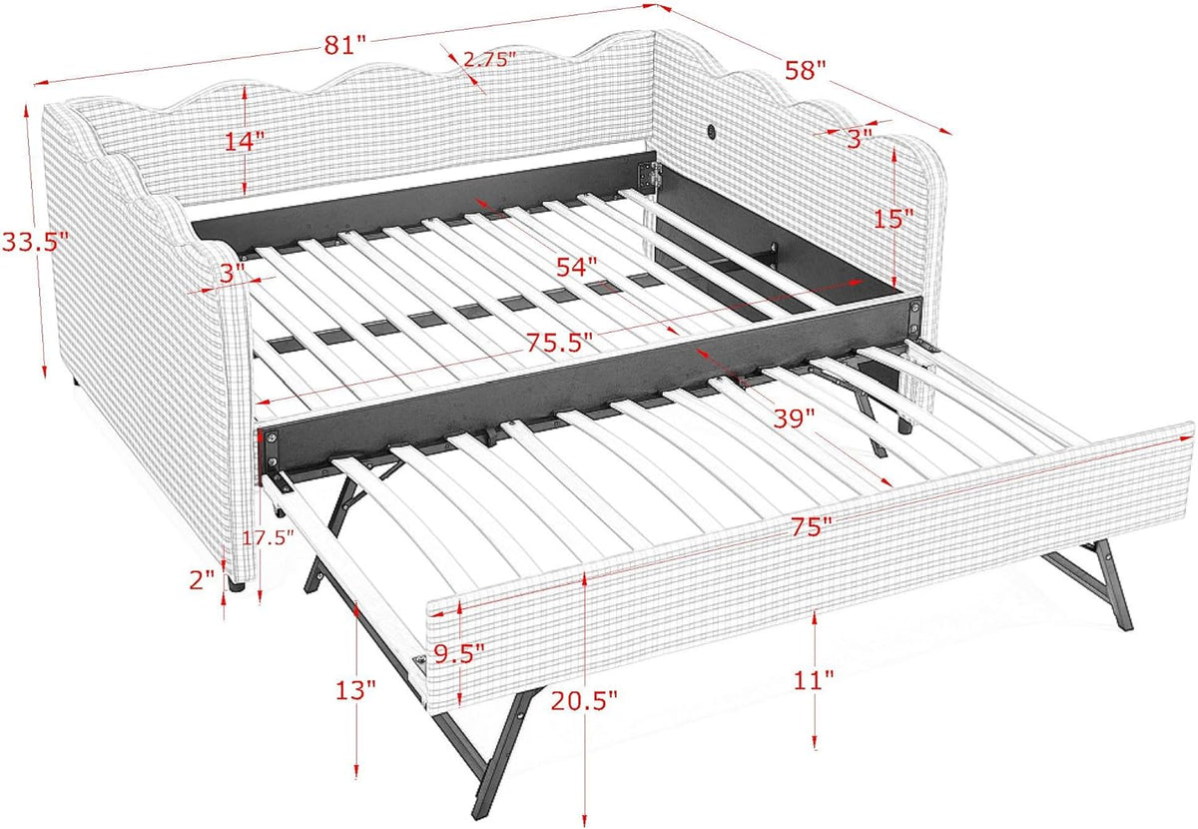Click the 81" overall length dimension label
tap(345, 45)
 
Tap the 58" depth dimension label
tap(806, 71)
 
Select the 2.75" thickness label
tap(489, 59)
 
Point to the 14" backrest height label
tap(245, 141)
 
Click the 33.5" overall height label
tap(36, 241)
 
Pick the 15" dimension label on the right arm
tap(894, 219)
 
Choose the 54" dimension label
tap(577, 267)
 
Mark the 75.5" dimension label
tap(560, 342)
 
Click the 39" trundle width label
tap(794, 417)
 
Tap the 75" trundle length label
tap(812, 527)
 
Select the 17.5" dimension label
tap(269, 537)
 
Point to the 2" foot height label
tap(202, 580)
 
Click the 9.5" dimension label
tap(459, 653)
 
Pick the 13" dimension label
tap(356, 690)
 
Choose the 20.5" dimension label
tap(584, 701)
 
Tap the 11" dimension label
tap(814, 681)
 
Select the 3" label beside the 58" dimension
tap(860, 140)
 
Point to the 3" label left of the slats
tap(232, 274)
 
